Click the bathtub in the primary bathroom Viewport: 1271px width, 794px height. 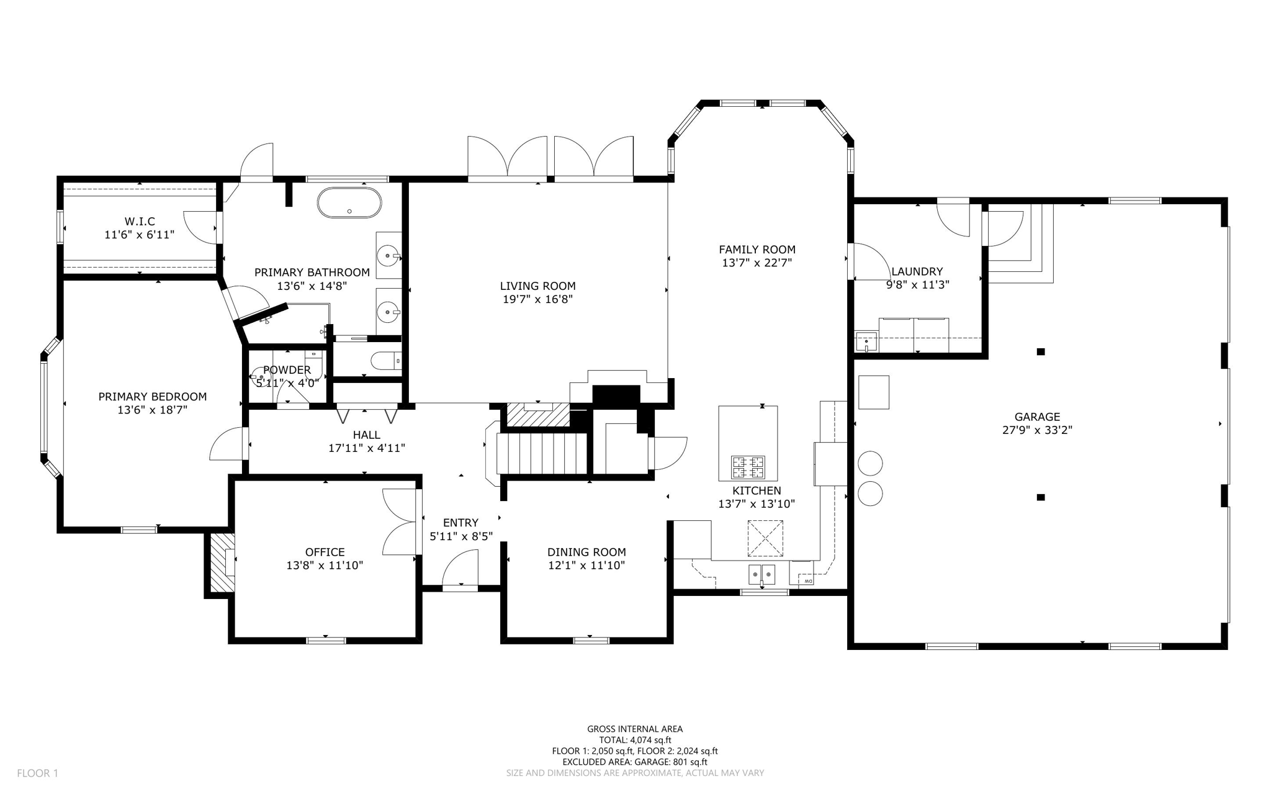click(x=349, y=203)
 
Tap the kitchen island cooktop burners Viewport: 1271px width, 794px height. click(x=748, y=467)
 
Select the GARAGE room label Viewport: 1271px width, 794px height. click(x=1037, y=417)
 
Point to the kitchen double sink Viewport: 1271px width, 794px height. click(x=761, y=575)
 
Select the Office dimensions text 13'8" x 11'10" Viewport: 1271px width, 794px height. click(x=325, y=566)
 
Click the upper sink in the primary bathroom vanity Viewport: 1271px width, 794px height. click(x=390, y=255)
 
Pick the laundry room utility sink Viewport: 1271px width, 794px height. click(x=866, y=342)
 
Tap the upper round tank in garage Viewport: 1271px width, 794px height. click(x=870, y=463)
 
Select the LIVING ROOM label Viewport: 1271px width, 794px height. click(x=537, y=286)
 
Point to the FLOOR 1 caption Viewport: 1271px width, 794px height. click(x=37, y=773)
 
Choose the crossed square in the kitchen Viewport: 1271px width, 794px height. click(x=765, y=538)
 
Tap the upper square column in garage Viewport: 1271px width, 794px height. click(x=1041, y=352)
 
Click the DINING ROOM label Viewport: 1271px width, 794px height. click(x=586, y=552)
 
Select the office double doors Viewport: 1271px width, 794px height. click(x=400, y=521)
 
